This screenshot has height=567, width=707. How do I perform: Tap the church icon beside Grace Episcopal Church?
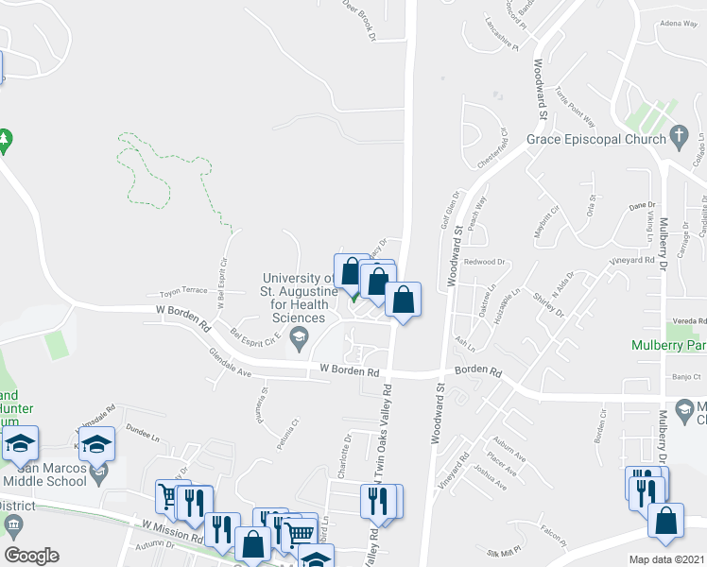click(678, 138)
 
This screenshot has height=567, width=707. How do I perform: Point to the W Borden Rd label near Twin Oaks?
click(349, 369)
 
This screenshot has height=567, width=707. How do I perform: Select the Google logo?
click(31, 556)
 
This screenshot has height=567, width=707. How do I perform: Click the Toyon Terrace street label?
click(183, 291)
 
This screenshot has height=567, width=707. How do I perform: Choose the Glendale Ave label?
click(231, 363)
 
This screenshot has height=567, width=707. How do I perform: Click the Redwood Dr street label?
click(485, 262)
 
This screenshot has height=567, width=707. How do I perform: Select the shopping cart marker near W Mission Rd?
click(168, 495)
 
